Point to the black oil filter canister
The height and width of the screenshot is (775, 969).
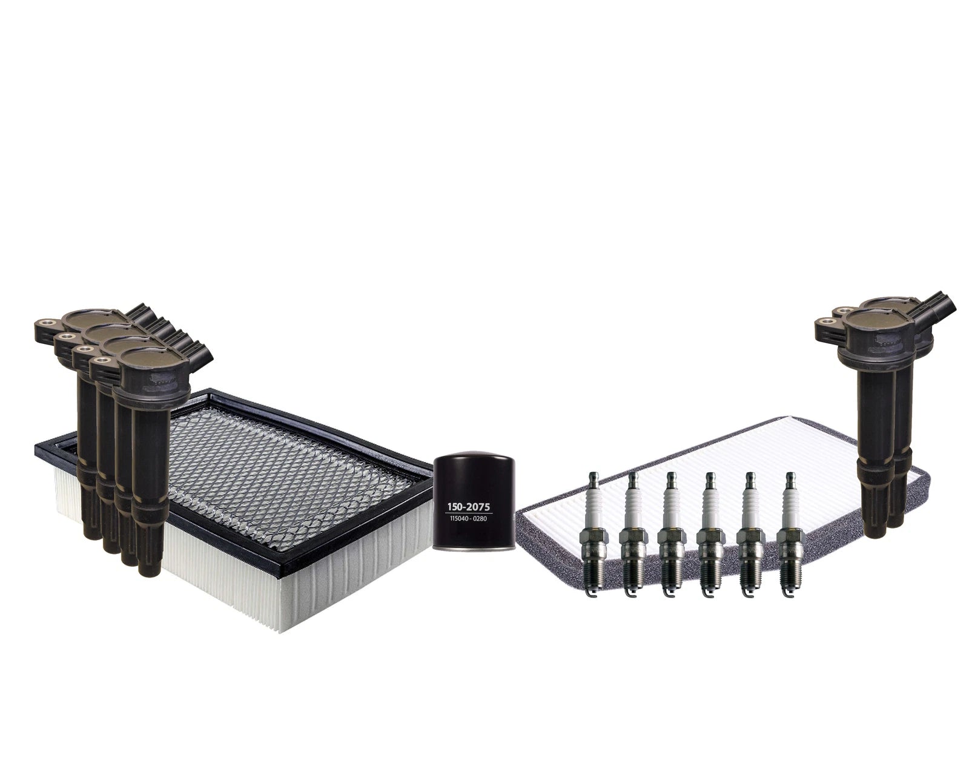pyautogui.click(x=471, y=504)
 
